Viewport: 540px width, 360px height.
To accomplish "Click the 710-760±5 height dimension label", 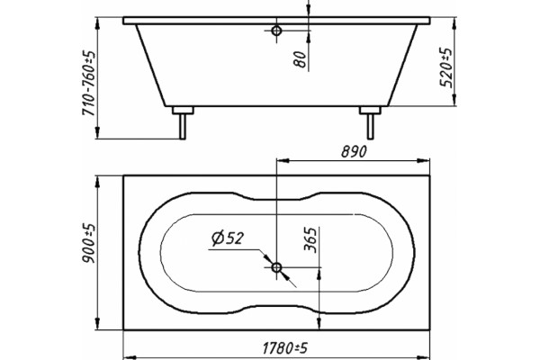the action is (88, 84).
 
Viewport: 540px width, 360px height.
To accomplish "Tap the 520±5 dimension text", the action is (446, 67).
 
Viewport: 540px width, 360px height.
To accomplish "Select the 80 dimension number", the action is (300, 58).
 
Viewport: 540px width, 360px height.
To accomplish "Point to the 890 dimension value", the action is (354, 151).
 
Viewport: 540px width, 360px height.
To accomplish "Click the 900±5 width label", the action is (88, 243).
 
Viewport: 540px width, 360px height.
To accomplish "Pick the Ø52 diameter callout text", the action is (228, 238).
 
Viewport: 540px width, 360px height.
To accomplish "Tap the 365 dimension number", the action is (310, 239).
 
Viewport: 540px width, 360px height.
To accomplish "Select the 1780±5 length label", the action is (284, 348).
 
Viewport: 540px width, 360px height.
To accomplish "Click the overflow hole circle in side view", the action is (276, 31).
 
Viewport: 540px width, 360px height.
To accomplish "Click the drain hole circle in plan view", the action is (276, 267).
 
